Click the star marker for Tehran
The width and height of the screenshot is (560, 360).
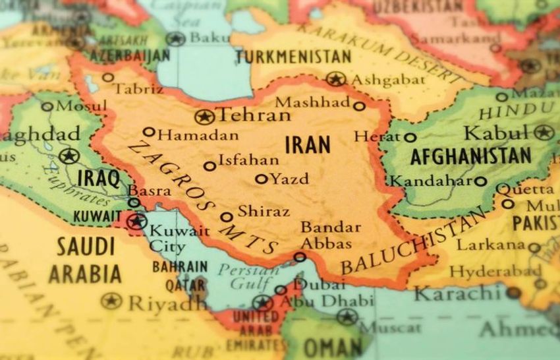pos(204,117)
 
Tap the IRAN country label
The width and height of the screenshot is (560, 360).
pos(307,144)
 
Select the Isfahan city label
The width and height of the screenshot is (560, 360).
pos(248,160)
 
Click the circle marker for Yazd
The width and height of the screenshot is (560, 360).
pos(261,179)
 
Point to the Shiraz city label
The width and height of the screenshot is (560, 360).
pos(263,212)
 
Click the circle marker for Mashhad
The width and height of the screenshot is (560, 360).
pos(359,105)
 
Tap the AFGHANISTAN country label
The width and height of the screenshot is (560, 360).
pos(470,156)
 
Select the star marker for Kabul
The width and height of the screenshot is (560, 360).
pos(543,133)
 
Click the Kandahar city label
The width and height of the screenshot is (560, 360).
pos(432,181)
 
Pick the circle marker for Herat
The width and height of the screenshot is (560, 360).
pos(410,138)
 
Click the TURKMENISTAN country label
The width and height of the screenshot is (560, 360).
pos(293,57)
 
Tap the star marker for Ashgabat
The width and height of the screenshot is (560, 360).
pos(335,80)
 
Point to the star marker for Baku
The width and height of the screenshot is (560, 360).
pos(175,39)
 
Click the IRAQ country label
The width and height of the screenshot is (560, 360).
pos(99,178)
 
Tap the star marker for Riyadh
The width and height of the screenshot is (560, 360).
pos(111,301)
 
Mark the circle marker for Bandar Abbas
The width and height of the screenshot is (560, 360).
pos(300,256)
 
